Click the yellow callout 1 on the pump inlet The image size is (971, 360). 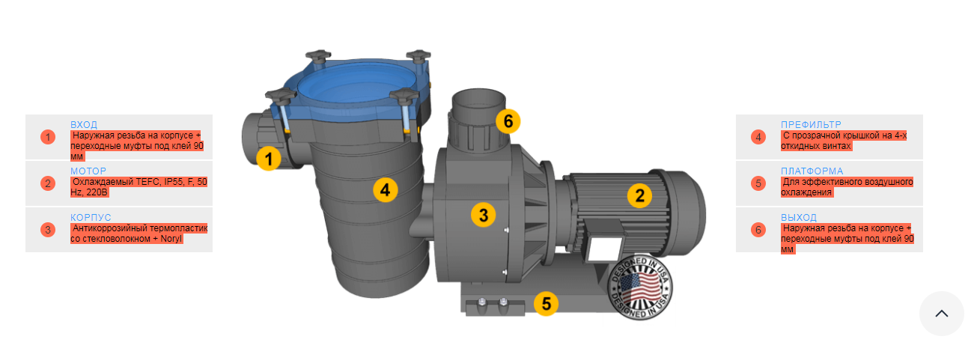coord(268,159)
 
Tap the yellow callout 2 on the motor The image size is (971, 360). coord(639,195)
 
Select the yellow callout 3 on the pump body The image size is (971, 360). coord(484,215)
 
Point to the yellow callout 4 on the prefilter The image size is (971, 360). coord(386,190)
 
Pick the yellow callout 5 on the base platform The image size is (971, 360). coord(547,303)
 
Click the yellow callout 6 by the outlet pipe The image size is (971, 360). coord(508,121)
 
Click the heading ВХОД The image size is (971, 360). coord(84,125)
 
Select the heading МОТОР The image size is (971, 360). coord(88,171)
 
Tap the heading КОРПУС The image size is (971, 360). coord(91,218)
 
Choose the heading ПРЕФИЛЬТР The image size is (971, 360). coord(811,125)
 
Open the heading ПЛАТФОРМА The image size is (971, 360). coord(812,171)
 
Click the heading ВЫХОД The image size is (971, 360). coord(799,218)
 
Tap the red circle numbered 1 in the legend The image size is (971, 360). coord(48,137)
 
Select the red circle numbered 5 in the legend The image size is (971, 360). coord(758,183)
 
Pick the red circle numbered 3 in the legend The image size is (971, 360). coord(48,230)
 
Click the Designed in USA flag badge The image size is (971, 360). coord(640,287)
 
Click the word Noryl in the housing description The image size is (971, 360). coord(171,239)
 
